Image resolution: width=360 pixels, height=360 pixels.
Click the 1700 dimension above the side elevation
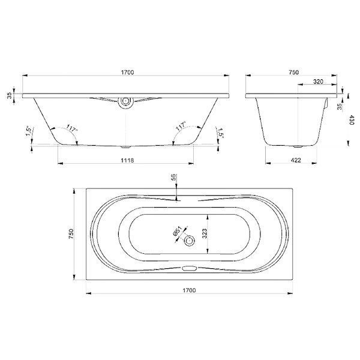[127, 73]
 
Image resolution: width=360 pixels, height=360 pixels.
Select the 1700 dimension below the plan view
[189, 290]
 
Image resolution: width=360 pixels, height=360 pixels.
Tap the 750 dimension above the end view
[293, 73]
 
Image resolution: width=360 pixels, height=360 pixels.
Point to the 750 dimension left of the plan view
[71, 234]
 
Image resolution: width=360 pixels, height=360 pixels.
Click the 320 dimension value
[318, 82]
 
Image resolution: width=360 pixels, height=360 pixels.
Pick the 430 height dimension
[351, 120]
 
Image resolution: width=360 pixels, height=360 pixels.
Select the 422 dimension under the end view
[296, 160]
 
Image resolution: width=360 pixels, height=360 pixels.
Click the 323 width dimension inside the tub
[205, 233]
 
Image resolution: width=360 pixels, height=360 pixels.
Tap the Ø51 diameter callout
[177, 231]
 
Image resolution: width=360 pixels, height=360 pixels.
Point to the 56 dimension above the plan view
[173, 177]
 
